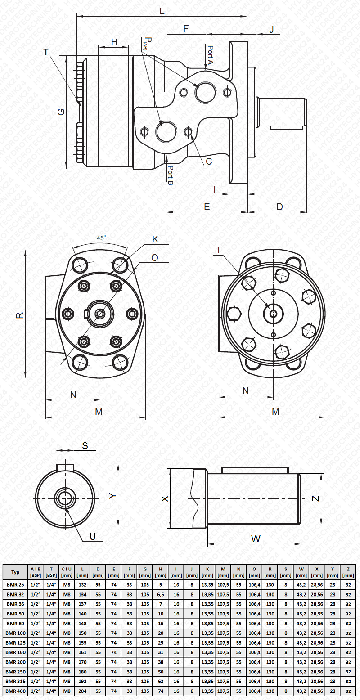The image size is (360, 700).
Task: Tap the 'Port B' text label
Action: pos(171,176)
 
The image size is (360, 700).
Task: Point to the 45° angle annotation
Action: pos(101,238)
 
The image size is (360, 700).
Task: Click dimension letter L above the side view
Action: pos(162,11)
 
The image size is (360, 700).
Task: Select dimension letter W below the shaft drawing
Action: pos(256,538)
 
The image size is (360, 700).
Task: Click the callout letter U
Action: pos(93,536)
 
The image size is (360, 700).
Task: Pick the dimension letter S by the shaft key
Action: pos(85,446)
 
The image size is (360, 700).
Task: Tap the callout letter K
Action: pos(155,239)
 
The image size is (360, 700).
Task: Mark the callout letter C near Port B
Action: pos(209,161)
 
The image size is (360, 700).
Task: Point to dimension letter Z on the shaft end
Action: pos(316,498)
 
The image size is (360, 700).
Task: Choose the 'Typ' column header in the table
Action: pos(15,572)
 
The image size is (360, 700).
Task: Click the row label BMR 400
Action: pos(15,691)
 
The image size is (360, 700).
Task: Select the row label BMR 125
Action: pos(15,642)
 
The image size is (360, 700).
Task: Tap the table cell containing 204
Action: pos(82,691)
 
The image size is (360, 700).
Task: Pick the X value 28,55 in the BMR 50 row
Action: pos(317,614)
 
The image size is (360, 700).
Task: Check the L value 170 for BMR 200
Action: pos(82,662)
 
